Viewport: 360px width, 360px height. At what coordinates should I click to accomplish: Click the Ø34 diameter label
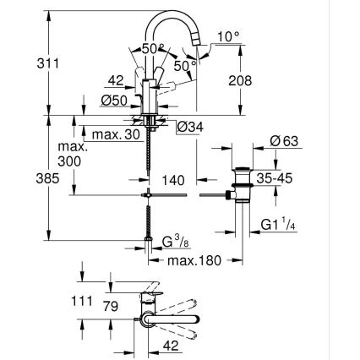pos(190,128)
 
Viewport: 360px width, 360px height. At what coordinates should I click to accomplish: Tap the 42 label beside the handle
pos(117,81)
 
